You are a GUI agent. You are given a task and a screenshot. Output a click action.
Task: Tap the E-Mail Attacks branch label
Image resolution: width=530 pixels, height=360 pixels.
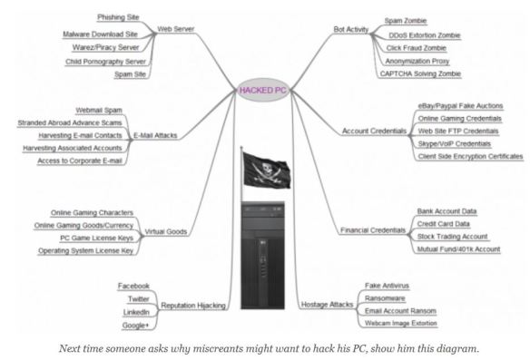click(x=156, y=135)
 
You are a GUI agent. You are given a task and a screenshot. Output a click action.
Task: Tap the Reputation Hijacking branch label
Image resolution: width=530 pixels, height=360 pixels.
click(x=191, y=306)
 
